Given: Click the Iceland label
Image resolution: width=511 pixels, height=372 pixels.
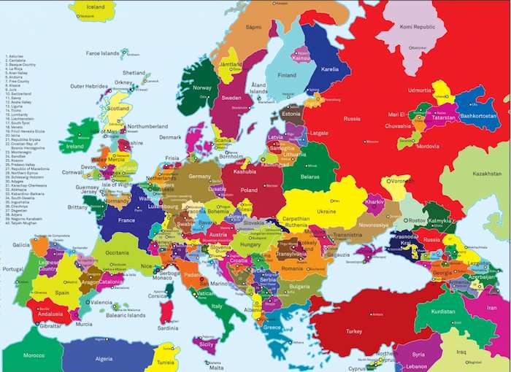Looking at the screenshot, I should point(96,7).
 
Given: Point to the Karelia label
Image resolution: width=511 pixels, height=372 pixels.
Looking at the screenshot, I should point(331,69).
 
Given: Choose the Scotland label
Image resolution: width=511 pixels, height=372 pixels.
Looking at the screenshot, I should point(118,109).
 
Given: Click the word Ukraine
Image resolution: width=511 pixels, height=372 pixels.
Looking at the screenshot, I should point(326,212).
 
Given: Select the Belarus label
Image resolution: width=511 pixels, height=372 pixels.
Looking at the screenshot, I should point(310,177).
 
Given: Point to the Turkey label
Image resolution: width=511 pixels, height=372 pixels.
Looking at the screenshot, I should point(354,331).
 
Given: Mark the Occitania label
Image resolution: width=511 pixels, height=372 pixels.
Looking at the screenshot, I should point(117,252).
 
